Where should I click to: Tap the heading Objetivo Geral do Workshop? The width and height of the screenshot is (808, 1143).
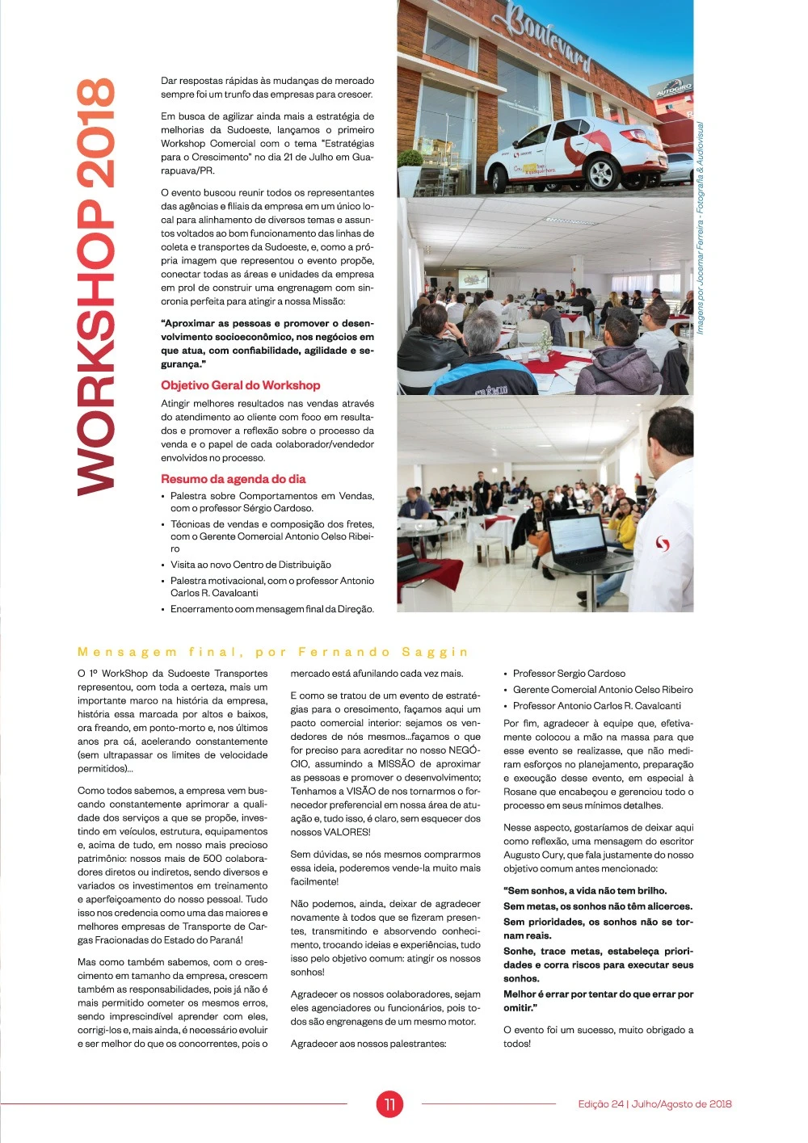[240, 385]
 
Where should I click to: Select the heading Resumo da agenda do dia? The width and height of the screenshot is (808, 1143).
[233, 479]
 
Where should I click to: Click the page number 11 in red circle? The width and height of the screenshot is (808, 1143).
[389, 1104]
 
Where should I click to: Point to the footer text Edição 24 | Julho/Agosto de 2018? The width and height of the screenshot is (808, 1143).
[654, 1104]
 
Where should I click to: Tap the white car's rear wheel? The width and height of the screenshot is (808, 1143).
[602, 172]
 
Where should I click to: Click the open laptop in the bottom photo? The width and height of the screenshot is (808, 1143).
[580, 543]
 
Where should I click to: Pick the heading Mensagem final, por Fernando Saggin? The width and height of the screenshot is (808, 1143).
[272, 652]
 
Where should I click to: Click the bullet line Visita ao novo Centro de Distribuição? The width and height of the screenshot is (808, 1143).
[250, 565]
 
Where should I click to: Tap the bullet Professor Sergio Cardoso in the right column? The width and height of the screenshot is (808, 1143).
[569, 674]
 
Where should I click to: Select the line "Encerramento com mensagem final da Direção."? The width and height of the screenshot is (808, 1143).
[271, 609]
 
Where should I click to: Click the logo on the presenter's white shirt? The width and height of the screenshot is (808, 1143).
[663, 544]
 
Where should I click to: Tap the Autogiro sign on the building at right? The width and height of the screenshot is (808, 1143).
[672, 90]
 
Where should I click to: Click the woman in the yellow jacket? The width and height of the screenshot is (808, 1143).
[623, 525]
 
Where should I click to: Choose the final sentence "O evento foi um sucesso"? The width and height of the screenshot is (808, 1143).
[598, 1030]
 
